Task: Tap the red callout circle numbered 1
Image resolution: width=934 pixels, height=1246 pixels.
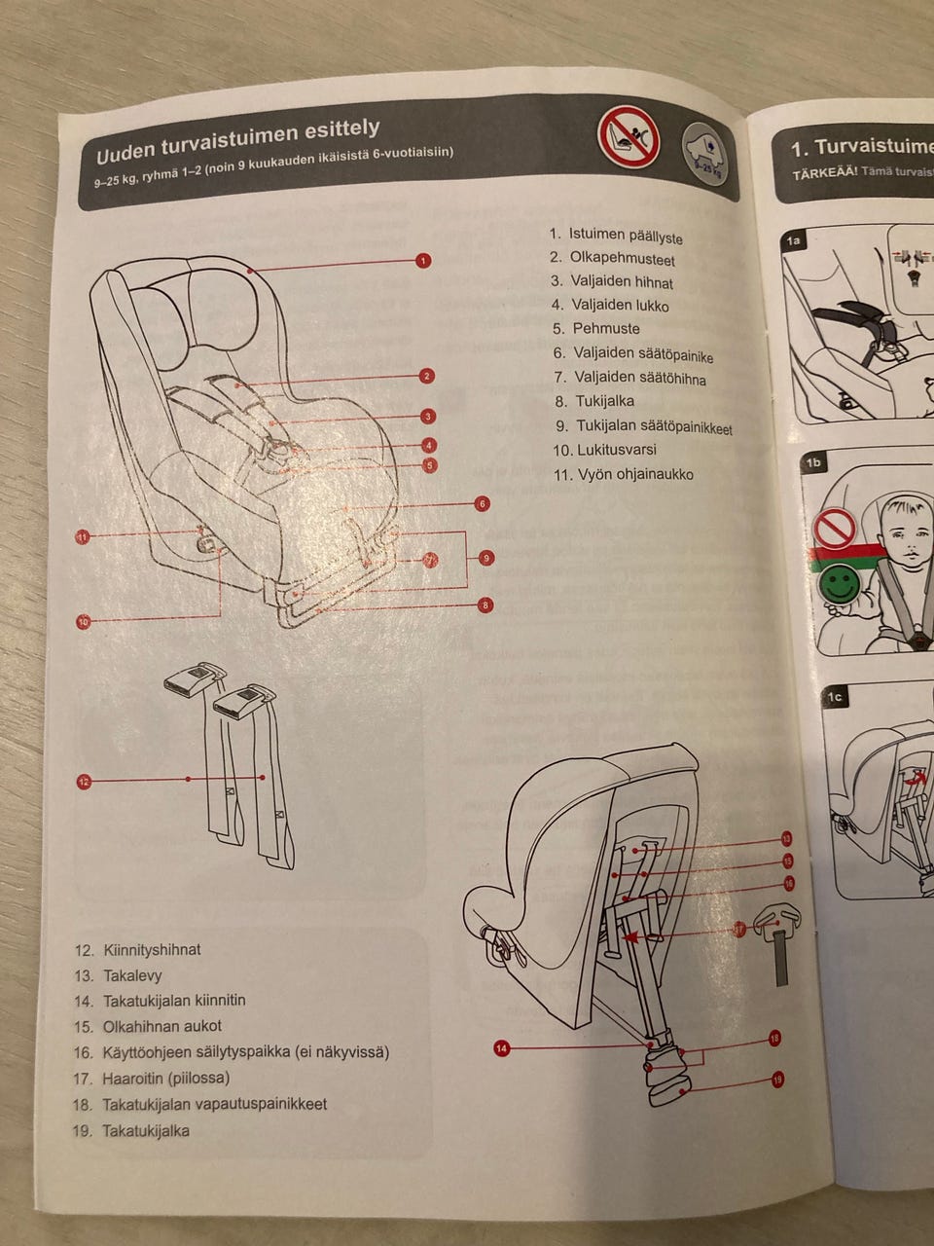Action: click(x=423, y=260)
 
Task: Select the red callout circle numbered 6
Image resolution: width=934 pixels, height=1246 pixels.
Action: click(x=482, y=503)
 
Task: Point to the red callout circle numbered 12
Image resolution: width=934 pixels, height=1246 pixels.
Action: click(x=84, y=781)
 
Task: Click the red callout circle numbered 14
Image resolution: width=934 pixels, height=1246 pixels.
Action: click(x=501, y=1048)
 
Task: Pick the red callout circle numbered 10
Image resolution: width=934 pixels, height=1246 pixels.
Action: click(x=83, y=621)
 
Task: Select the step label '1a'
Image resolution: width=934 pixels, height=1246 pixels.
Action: click(x=795, y=240)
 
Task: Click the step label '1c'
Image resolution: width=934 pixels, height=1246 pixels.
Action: click(x=835, y=697)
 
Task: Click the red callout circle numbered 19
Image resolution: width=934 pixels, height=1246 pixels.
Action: click(x=776, y=1079)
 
